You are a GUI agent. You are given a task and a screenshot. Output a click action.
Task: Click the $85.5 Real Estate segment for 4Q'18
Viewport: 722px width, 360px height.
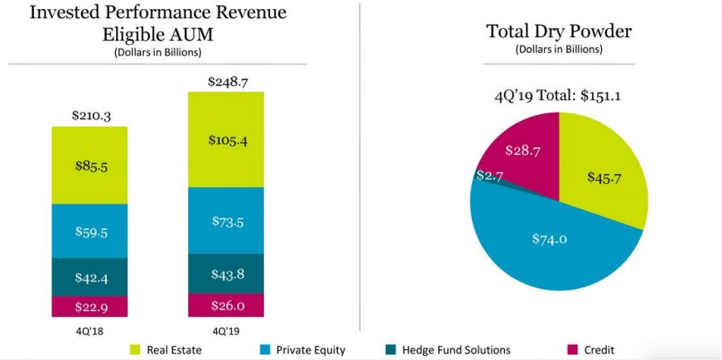[x=89, y=166]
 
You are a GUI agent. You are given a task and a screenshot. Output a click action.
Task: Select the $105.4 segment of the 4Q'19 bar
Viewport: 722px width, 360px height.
[x=226, y=140]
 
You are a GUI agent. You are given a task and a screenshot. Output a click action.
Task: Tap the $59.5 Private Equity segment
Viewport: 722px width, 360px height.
[x=89, y=231]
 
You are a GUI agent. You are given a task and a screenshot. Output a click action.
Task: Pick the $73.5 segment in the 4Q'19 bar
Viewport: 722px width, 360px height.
[x=226, y=220]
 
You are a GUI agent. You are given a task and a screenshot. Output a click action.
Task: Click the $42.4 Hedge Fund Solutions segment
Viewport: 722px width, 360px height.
[x=89, y=277]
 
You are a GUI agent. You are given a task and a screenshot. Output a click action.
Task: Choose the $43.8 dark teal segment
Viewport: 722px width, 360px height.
[x=226, y=274]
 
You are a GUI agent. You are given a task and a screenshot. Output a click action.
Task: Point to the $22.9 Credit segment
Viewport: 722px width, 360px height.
[x=89, y=307]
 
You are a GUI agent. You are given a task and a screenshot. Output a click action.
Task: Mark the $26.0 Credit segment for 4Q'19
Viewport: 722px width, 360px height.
[x=226, y=305]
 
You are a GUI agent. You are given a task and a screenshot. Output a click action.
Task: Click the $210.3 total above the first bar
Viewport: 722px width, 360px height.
[x=89, y=116]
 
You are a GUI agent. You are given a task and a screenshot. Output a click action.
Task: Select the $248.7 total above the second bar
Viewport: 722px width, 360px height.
[x=226, y=80]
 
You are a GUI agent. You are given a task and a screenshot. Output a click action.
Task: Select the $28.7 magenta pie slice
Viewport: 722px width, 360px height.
[x=522, y=151]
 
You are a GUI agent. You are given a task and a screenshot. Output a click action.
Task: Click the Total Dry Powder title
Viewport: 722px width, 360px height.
[x=559, y=31]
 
